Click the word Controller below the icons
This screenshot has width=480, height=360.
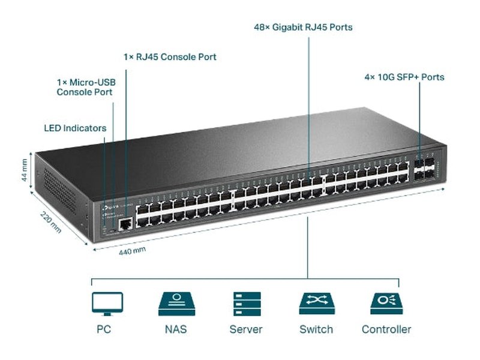tap(386, 329)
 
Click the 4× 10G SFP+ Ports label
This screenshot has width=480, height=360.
tap(404, 77)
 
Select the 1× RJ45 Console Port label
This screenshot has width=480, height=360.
tap(170, 57)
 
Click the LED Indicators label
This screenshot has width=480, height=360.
tap(75, 128)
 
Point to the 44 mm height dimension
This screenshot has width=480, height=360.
tap(24, 170)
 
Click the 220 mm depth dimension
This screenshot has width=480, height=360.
tap(51, 223)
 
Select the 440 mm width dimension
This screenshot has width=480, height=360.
tap(132, 251)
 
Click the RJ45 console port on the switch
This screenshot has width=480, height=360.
tap(126, 224)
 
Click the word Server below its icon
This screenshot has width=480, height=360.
tap(246, 329)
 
